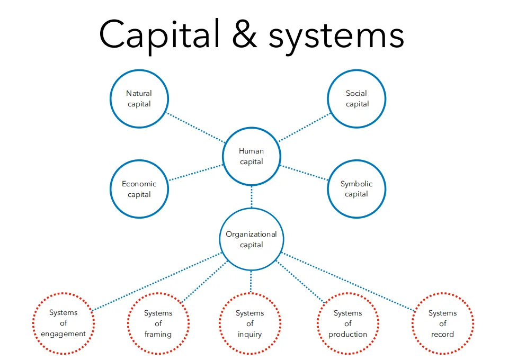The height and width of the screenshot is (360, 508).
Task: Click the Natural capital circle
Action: (139, 98)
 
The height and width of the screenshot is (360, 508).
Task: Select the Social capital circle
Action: (357, 98)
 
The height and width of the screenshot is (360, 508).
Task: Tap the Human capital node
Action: (252, 156)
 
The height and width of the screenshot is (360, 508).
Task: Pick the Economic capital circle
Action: (139, 189)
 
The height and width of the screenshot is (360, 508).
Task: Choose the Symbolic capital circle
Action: (357, 189)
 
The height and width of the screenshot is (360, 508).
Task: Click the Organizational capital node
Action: (251, 239)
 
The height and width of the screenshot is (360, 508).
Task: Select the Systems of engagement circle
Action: (63, 323)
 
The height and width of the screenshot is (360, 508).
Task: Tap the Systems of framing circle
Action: (158, 323)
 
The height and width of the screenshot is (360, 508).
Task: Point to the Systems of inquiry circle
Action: (249, 323)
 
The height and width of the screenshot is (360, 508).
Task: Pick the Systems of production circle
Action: (347, 323)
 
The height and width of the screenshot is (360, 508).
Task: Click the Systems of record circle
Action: (442, 323)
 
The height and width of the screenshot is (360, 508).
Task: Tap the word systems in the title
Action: (336, 35)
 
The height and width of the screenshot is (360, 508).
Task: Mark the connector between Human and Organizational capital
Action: (252, 196)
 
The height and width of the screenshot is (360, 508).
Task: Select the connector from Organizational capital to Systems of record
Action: (347, 282)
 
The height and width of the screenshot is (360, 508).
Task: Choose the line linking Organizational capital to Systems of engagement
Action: (156, 281)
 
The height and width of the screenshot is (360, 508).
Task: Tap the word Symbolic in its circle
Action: (357, 184)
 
